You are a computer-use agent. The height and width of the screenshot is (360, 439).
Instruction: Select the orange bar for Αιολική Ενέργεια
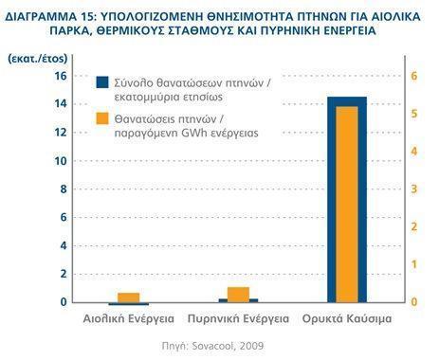point(128,297)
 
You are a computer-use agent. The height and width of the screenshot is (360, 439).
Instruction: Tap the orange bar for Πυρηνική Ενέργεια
point(238,294)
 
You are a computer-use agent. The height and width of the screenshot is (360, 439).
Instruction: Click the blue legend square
point(102,82)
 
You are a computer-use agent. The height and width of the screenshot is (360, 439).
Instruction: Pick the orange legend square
point(102,119)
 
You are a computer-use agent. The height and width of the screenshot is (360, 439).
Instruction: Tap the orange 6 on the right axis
point(412,76)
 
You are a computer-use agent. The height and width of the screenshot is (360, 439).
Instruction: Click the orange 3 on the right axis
point(412,189)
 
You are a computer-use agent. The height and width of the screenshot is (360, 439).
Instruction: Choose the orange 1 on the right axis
point(412,264)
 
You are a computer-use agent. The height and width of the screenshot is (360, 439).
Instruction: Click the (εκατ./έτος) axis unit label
point(34,58)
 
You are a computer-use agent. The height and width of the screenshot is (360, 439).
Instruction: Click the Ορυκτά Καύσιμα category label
point(348,320)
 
